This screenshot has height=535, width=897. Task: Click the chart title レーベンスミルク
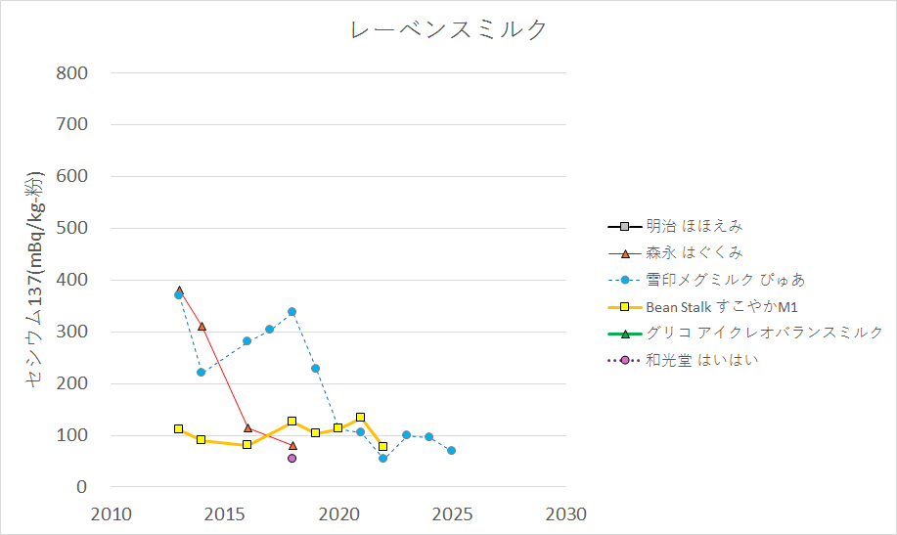[x=449, y=30]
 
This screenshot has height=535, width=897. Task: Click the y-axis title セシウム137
[x=35, y=280]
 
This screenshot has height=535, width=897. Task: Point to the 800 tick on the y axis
[x=72, y=73]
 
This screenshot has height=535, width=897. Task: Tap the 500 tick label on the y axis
[x=72, y=229]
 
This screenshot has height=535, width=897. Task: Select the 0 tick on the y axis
[x=82, y=487]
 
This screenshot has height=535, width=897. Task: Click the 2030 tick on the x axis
[x=566, y=514]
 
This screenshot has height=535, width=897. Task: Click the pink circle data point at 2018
[x=292, y=458]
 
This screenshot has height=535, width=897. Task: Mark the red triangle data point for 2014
[x=202, y=327]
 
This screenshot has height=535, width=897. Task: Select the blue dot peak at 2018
[x=292, y=312]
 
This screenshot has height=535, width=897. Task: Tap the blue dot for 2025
[x=452, y=451]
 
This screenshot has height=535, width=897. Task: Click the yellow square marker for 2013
[x=178, y=429]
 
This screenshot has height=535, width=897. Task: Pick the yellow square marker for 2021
[x=361, y=418]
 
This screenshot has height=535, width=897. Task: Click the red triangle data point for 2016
[x=247, y=428]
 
